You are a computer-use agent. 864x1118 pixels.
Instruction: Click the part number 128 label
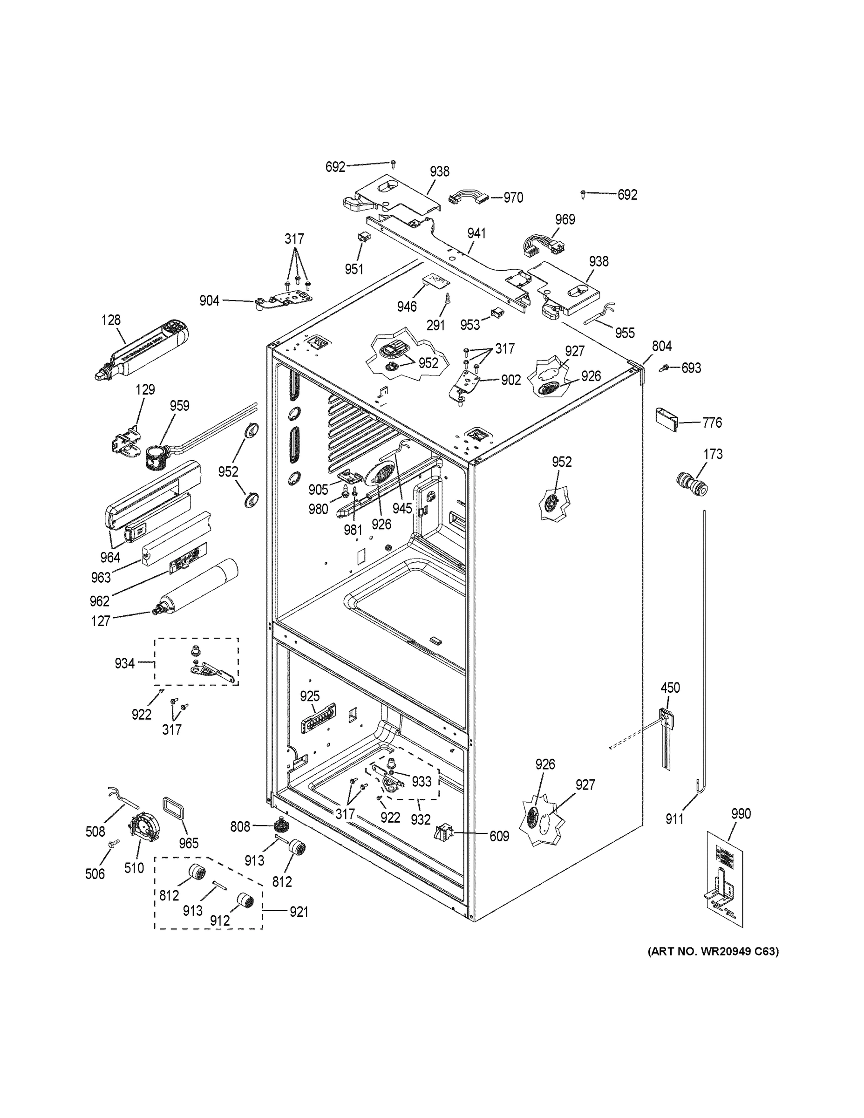pyautogui.click(x=110, y=320)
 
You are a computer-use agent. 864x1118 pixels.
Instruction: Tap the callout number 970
pyautogui.click(x=513, y=198)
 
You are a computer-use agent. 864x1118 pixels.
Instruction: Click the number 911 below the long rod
pyautogui.click(x=674, y=819)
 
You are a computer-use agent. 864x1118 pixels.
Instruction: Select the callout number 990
pyautogui.click(x=741, y=813)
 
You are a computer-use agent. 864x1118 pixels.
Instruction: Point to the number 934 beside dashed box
pyautogui.click(x=124, y=663)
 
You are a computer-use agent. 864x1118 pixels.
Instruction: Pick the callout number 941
pyautogui.click(x=476, y=233)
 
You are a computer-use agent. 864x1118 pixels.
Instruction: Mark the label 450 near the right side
pyautogui.click(x=670, y=688)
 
